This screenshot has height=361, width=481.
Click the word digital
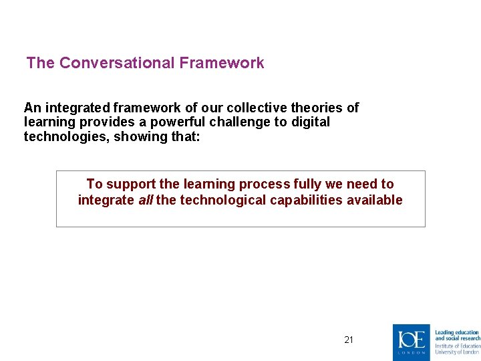click(x=311, y=122)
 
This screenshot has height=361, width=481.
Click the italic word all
click(x=145, y=200)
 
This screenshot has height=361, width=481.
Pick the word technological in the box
click(x=216, y=200)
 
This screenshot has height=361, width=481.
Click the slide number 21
click(x=349, y=340)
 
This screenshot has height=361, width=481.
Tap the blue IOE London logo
click(x=412, y=342)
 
